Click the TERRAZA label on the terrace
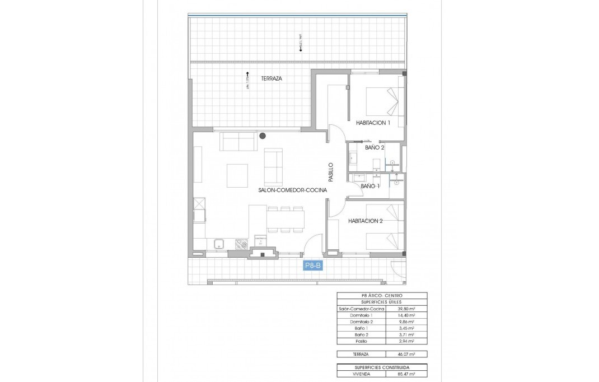(272, 79)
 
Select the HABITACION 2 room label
(365, 221)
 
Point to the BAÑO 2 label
(375, 148)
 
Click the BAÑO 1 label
(370, 186)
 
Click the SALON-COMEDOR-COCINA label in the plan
(293, 190)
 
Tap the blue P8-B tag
(312, 266)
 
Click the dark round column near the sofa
(263, 135)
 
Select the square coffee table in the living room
(238, 175)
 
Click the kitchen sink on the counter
(219, 244)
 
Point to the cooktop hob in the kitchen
(242, 244)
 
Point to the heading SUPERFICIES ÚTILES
(382, 302)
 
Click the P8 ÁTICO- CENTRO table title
(382, 296)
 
